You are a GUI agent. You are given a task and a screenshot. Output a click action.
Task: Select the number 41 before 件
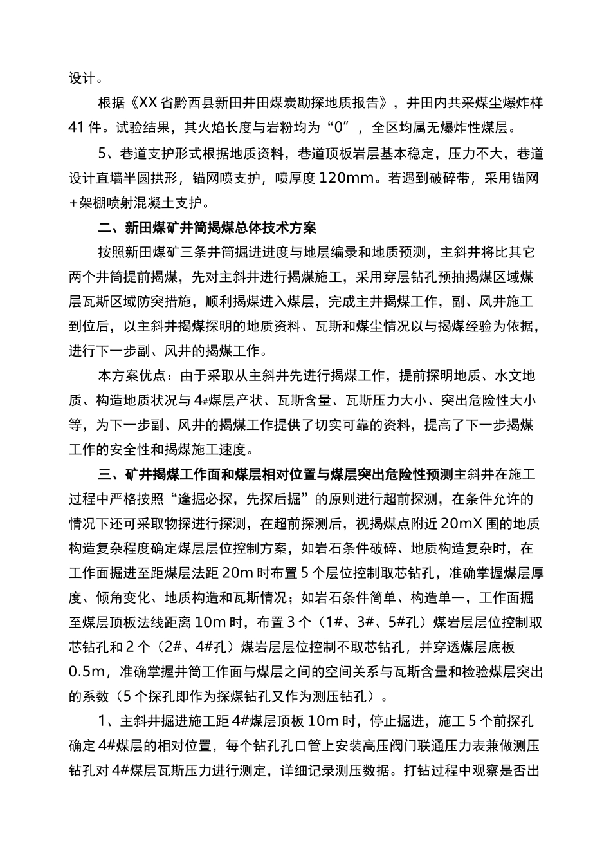[78, 127]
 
